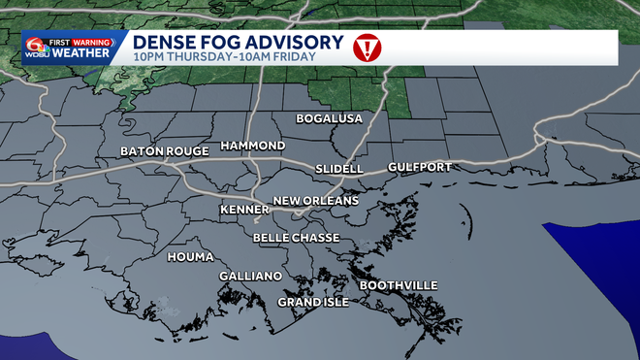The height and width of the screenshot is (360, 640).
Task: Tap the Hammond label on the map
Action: [x=252, y=146]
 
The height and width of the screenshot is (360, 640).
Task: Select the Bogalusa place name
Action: [x=329, y=119]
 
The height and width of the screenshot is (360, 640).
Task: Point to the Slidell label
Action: [x=339, y=169]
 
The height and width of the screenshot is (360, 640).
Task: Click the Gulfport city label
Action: [x=419, y=168]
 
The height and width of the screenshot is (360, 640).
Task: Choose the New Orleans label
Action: [x=316, y=201]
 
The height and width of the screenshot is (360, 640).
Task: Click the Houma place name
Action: [x=190, y=257]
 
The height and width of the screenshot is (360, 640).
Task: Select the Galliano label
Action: [x=250, y=277]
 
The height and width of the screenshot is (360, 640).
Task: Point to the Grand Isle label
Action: [x=313, y=303]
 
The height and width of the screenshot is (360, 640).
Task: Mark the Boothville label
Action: [x=399, y=285]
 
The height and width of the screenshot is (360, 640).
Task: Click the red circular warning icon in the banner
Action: [x=367, y=47]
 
